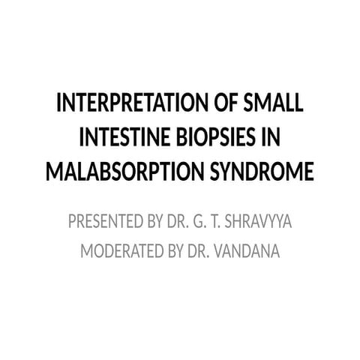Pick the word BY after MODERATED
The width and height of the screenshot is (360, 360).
tap(181, 250)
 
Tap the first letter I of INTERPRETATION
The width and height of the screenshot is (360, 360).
tap(60, 103)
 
